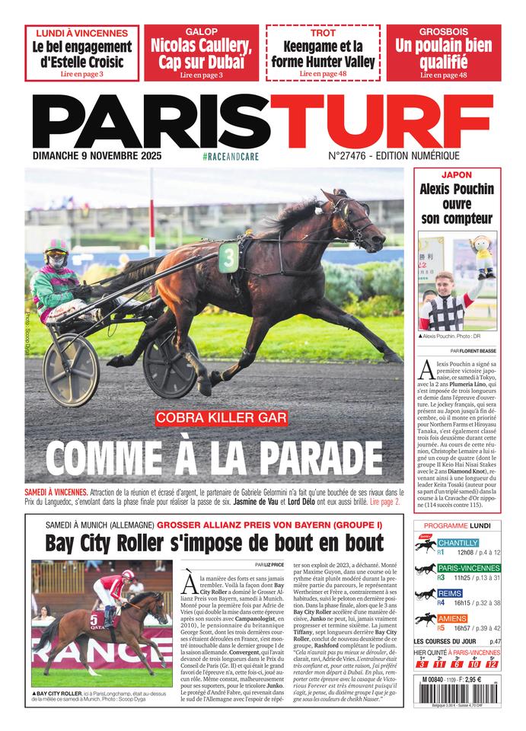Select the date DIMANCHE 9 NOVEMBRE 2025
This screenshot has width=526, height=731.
(x=102, y=156)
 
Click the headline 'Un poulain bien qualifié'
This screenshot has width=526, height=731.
(x=443, y=53)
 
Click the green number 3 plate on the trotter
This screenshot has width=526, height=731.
(x=228, y=257)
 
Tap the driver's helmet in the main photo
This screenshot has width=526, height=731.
(x=56, y=249)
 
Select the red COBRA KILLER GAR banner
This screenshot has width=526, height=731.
(x=221, y=417)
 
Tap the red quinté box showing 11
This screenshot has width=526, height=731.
(x=438, y=665)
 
